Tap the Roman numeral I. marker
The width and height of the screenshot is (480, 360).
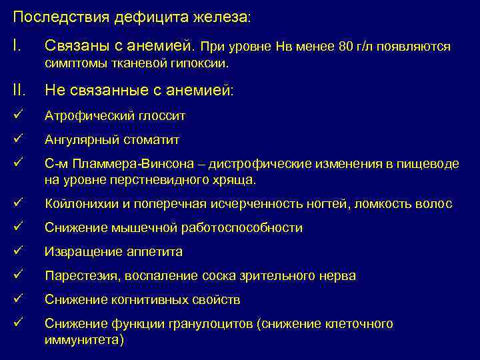(17, 47)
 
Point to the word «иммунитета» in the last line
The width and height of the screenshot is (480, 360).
(82, 339)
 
